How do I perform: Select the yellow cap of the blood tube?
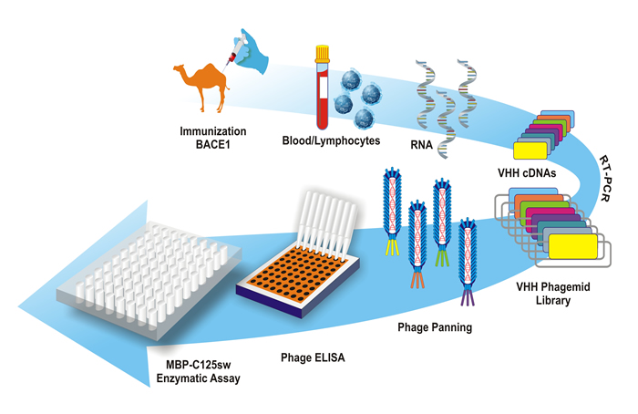pyautogui.click(x=323, y=53)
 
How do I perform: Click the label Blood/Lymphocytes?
pyautogui.click(x=331, y=140)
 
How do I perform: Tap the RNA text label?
pyautogui.click(x=421, y=144)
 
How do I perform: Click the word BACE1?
pyautogui.click(x=212, y=144)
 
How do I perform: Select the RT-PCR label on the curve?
pyautogui.click(x=605, y=178)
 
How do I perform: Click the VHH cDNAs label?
pyautogui.click(x=527, y=173)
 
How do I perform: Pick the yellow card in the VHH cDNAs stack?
pyautogui.click(x=530, y=150)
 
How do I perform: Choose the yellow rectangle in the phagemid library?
pyautogui.click(x=573, y=246)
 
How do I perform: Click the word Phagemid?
pyautogui.click(x=565, y=287)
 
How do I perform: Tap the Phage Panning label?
pyautogui.click(x=435, y=327)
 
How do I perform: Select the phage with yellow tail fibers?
pyautogui.click(x=392, y=212)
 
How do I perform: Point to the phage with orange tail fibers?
pyautogui.click(x=417, y=244)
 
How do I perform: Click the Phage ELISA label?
pyautogui.click(x=313, y=357)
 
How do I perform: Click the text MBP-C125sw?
pyautogui.click(x=198, y=365)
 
